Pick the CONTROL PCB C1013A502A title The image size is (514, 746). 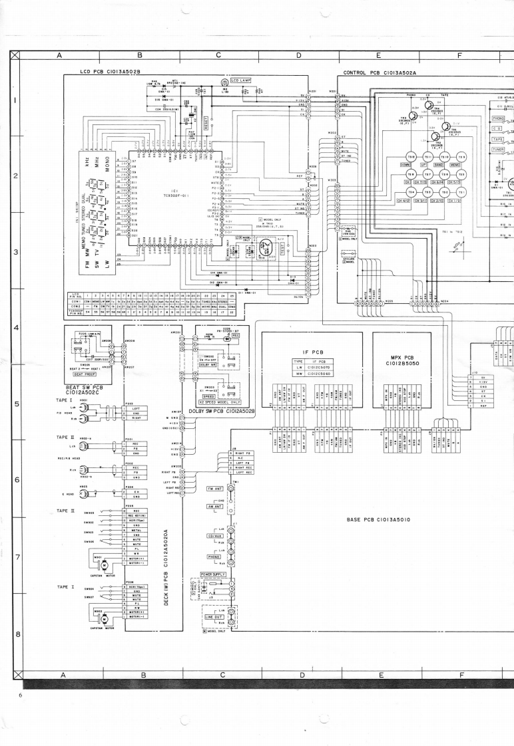[x=379, y=73]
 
